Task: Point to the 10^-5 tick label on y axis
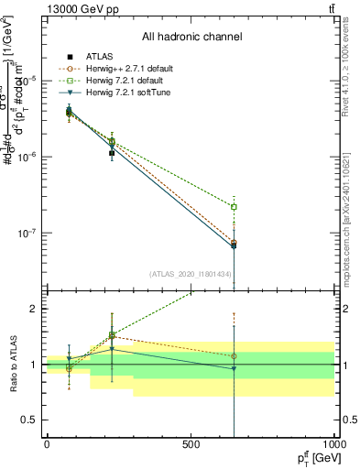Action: pos(28,81)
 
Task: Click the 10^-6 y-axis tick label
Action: pos(28,157)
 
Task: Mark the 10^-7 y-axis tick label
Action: pos(28,233)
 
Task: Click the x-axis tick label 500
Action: pos(191,443)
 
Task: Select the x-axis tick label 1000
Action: pos(333,443)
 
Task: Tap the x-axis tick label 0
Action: pos(47,443)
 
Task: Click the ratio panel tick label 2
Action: pos(35,309)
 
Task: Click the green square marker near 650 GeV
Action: pos(235,207)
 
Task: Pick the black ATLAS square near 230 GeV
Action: pos(112,153)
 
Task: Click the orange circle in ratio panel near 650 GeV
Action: pos(235,356)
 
